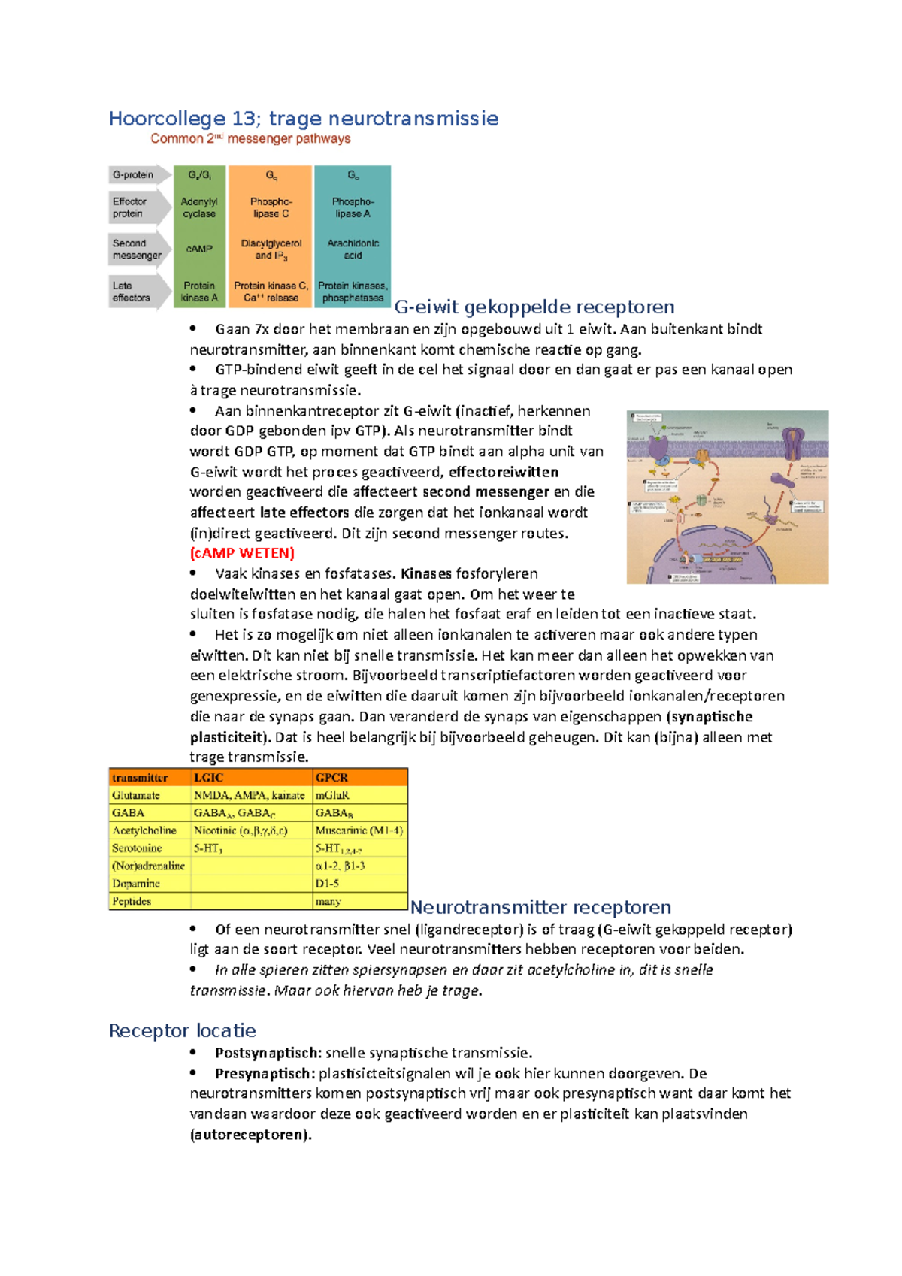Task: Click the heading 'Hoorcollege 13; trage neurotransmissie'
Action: tap(303, 119)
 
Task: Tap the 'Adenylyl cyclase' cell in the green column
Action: tap(199, 207)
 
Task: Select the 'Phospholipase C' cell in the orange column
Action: tap(271, 207)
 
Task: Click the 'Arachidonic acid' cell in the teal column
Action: tap(353, 249)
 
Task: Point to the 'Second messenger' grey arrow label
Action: tap(137, 249)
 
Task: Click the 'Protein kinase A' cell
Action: tap(199, 292)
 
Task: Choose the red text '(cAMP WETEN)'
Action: tap(242, 553)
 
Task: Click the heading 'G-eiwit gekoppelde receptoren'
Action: tap(534, 307)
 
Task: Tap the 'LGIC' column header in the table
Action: tap(208, 777)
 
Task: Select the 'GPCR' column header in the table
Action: tap(331, 777)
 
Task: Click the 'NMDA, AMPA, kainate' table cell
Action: tap(249, 795)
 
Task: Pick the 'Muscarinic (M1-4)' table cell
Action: tap(359, 830)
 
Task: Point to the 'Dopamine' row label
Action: tap(136, 884)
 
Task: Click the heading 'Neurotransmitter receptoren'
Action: tap(540, 907)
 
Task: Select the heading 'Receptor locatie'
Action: tap(182, 1030)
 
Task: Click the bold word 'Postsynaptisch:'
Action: tap(268, 1053)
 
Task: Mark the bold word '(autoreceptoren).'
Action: tap(250, 1135)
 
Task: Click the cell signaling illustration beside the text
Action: tap(727, 497)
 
